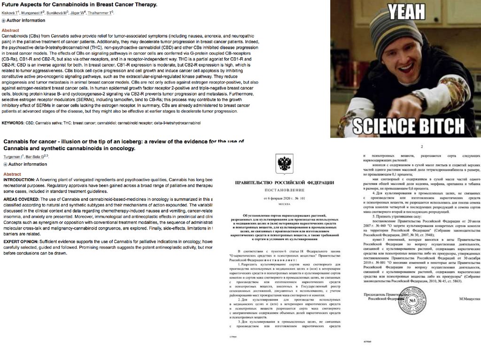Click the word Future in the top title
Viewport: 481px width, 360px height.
coord(13,5)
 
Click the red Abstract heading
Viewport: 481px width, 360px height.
coord(10,30)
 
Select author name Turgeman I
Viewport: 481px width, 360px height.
coord(15,156)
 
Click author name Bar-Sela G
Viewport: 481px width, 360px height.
coord(37,156)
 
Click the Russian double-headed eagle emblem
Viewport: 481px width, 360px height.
coord(285,163)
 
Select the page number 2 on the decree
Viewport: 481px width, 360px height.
coord(421,147)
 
